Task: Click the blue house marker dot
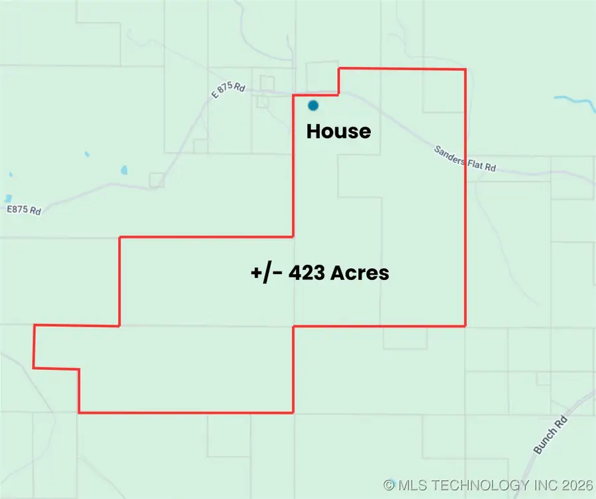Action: pos(313,105)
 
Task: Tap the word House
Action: pos(338,132)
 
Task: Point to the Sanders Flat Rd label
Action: pos(465,159)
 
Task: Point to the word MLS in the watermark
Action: pos(413,485)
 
